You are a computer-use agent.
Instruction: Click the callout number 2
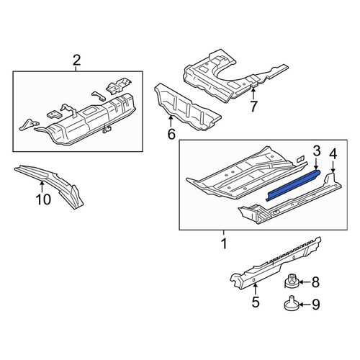[x=76, y=60]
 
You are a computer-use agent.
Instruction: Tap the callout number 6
[x=171, y=134]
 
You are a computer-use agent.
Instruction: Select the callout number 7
[x=253, y=107]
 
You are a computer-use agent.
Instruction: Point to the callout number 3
[x=317, y=150]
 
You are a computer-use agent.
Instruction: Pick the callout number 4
[x=333, y=154]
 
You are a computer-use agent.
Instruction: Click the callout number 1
[x=224, y=243]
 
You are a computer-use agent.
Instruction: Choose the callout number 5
[x=256, y=302]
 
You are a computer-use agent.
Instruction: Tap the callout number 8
[x=315, y=282]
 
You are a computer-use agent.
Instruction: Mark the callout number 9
[x=315, y=305]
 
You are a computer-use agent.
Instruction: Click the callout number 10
[x=43, y=199]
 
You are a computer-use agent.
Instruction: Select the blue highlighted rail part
[x=293, y=185]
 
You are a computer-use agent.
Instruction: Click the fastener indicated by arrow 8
[x=292, y=282]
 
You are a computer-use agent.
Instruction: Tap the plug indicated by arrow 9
[x=292, y=304]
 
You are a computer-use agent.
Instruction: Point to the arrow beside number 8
[x=305, y=282]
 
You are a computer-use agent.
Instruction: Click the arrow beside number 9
[x=305, y=305]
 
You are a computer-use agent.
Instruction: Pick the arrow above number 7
[x=253, y=94]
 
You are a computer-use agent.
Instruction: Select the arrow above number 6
[x=171, y=121]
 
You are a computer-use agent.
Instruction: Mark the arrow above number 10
[x=42, y=187]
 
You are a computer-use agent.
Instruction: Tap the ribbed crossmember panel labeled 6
[x=187, y=107]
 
